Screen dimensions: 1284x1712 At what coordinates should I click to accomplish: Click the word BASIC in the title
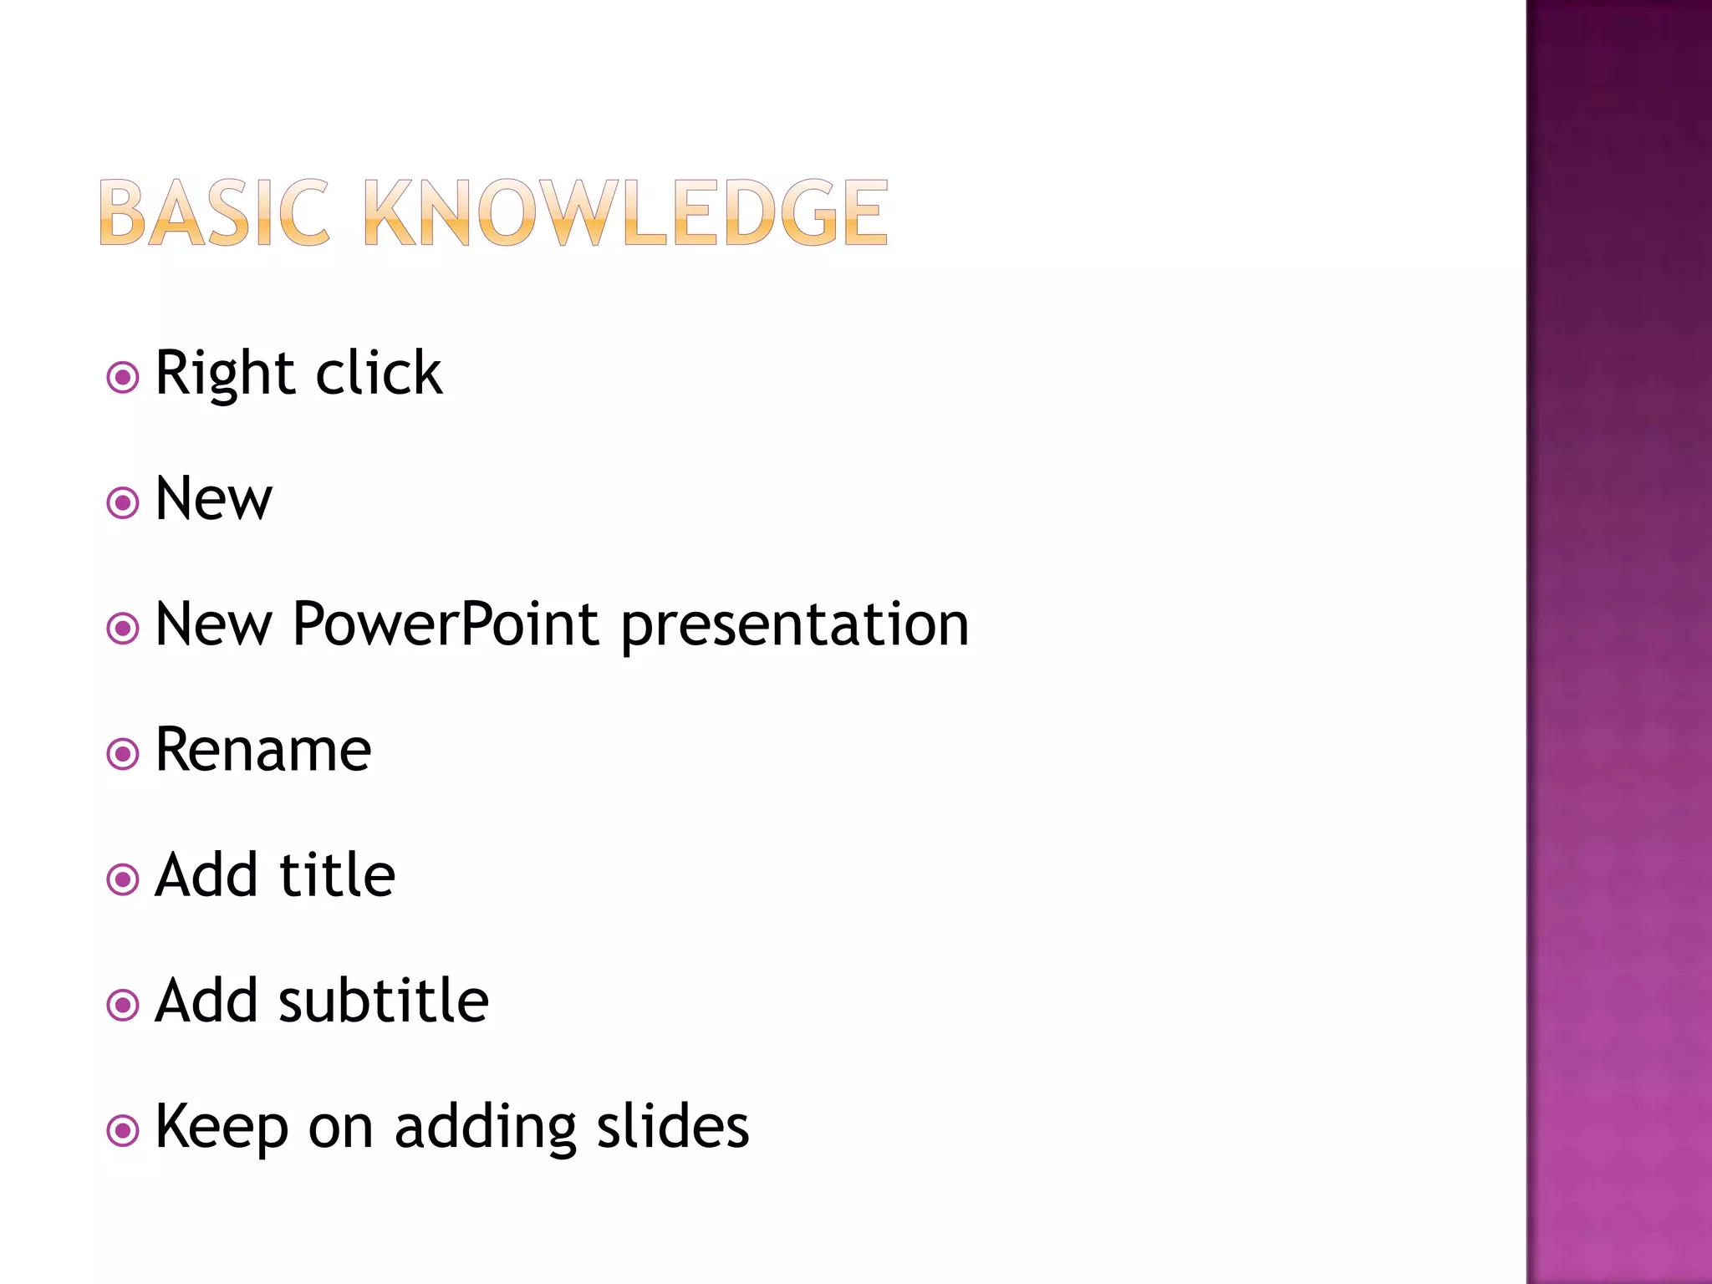coord(213,214)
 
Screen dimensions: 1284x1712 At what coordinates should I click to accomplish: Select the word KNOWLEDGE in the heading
coord(625,214)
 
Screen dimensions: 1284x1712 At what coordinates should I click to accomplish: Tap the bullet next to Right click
coord(123,377)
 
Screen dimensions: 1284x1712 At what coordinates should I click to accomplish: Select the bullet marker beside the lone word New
coord(123,502)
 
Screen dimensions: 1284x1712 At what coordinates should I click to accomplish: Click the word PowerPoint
coord(446,624)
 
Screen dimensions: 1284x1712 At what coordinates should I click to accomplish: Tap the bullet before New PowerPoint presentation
coord(123,628)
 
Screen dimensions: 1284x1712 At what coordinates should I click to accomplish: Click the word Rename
coord(263,750)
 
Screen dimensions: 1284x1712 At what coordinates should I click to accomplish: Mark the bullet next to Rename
coord(123,754)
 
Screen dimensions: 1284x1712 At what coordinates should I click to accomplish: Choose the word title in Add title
coord(337,875)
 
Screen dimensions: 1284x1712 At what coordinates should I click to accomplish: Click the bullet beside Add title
coord(123,879)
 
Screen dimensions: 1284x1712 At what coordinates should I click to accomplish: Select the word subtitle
coord(384,1001)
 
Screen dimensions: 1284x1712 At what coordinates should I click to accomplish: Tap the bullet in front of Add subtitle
coord(123,1005)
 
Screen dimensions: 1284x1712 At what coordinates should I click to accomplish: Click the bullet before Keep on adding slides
coord(123,1131)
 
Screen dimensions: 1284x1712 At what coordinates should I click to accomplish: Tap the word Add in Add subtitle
coord(206,1001)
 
